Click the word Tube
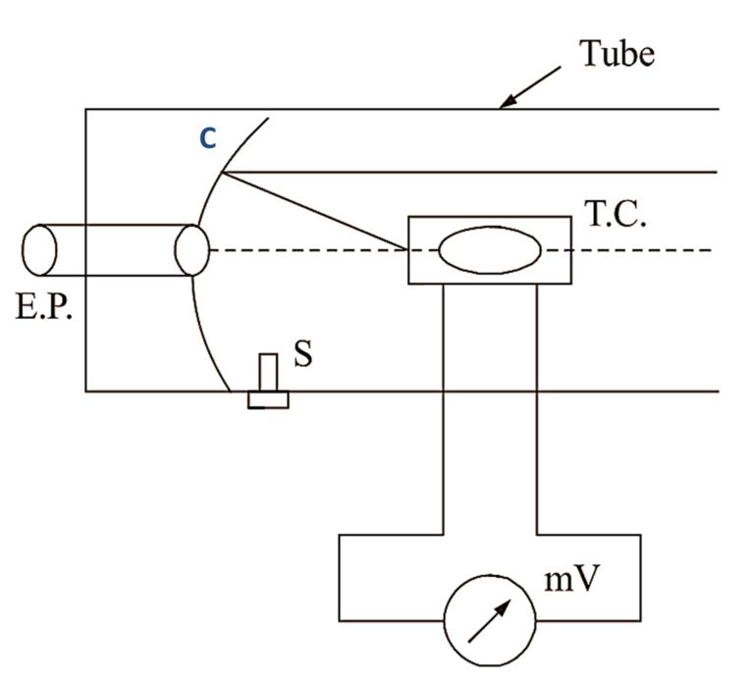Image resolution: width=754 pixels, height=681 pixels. point(617,53)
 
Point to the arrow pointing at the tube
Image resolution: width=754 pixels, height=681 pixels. point(530,86)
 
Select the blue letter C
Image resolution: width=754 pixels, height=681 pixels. point(207,140)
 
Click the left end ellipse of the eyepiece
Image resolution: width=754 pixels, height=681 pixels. point(40,249)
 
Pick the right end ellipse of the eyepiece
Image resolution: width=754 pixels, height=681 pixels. point(191,250)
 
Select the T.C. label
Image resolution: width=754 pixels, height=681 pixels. point(616,216)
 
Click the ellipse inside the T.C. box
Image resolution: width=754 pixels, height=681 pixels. point(489,250)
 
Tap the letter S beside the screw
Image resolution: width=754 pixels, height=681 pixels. point(303,353)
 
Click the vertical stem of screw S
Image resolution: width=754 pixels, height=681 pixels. point(268,373)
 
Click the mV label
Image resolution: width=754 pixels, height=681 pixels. point(573,580)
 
